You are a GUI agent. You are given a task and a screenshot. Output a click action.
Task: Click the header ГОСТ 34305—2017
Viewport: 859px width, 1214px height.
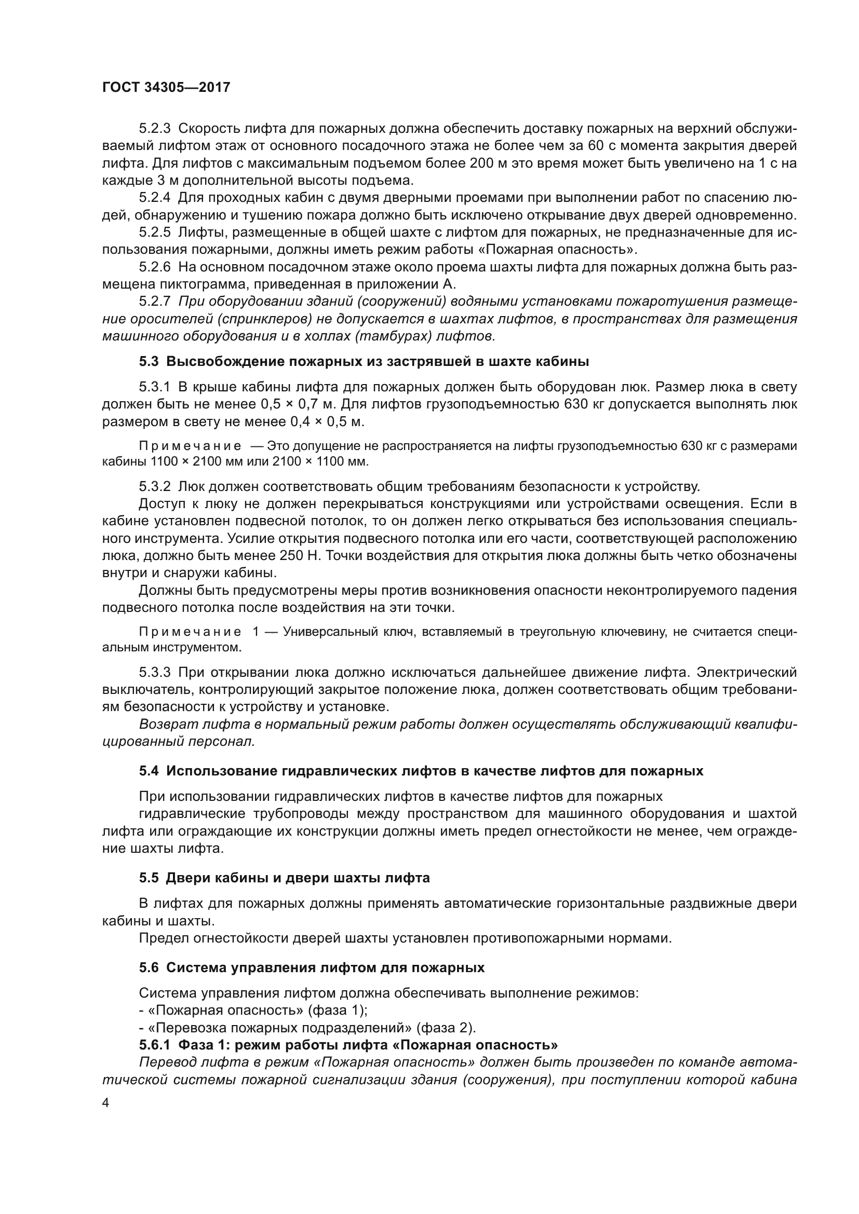point(166,87)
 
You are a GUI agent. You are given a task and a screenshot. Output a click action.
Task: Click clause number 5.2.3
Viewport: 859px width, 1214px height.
point(154,129)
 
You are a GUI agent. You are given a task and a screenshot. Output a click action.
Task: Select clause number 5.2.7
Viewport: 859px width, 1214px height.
point(154,302)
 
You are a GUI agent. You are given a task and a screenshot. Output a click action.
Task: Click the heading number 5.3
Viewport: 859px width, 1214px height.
point(149,362)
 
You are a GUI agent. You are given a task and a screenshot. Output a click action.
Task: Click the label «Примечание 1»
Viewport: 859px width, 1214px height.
point(199,632)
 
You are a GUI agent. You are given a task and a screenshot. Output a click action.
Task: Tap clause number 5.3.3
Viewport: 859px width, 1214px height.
point(154,673)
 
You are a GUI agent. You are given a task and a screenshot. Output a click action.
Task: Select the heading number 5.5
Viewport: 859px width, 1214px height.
point(149,878)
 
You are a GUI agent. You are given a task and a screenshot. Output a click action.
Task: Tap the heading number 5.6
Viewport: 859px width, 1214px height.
point(149,967)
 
